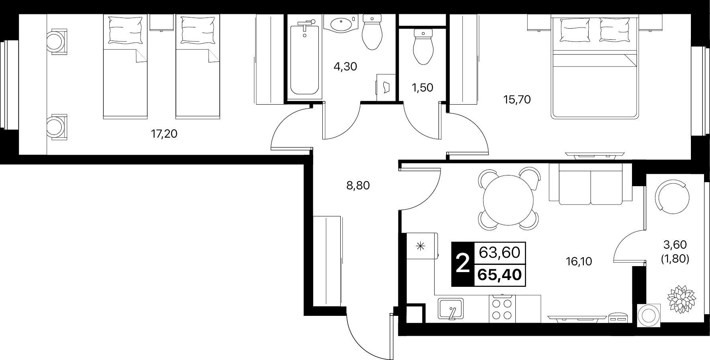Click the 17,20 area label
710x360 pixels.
coord(164,134)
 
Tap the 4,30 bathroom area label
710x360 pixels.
coord(345,66)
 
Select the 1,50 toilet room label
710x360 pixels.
coord(422,88)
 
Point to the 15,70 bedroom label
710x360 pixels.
coord(517,99)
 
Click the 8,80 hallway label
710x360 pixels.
coord(358,185)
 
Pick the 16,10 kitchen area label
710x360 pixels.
coord(579,261)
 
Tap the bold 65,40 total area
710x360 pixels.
coord(500,274)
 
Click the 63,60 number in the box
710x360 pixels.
coord(500,252)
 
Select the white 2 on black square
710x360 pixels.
coord(462,264)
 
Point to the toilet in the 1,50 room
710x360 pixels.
coord(423,46)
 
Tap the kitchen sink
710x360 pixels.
coord(451,309)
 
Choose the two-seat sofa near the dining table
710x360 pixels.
coord(591,183)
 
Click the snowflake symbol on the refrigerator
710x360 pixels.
coord(420,246)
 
